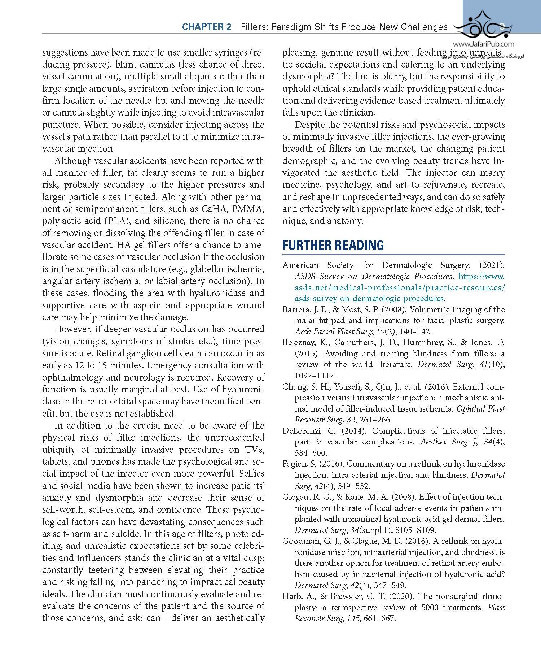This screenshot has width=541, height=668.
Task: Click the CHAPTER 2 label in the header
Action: tap(207, 27)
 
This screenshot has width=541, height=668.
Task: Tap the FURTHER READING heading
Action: tap(333, 245)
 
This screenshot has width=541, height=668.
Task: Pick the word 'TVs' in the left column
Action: tap(255, 450)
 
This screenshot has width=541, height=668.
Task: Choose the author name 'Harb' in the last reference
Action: tap(291, 596)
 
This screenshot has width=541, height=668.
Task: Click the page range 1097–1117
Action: tap(315, 376)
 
